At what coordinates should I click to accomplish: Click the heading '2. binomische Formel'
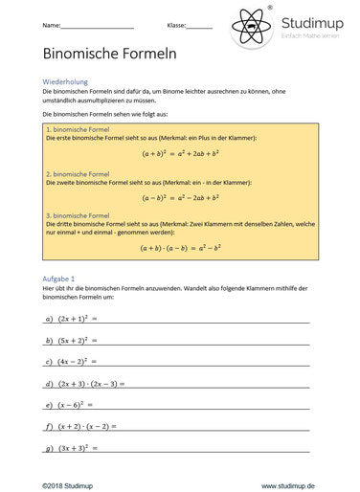point(77,174)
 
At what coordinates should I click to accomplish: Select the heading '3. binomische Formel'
point(77,216)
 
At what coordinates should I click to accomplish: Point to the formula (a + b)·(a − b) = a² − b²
point(180,247)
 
